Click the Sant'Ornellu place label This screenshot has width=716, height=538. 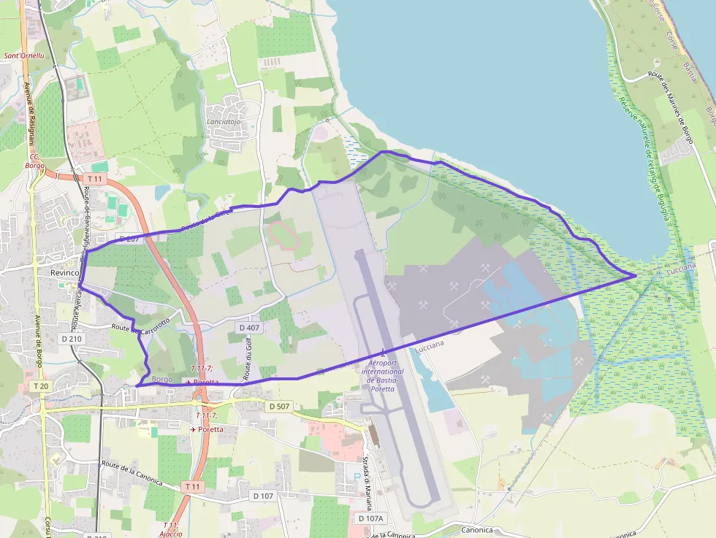pyautogui.click(x=24, y=55)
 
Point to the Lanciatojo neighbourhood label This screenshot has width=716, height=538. pyautogui.click(x=224, y=123)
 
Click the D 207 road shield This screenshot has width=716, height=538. pyautogui.click(x=128, y=239)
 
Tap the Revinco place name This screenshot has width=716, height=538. pyautogui.click(x=64, y=272)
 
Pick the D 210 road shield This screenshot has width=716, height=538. pyautogui.click(x=72, y=339)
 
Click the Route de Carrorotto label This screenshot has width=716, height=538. pyautogui.click(x=140, y=326)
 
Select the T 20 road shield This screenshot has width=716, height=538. pyautogui.click(x=40, y=385)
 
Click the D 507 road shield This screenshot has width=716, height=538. pyautogui.click(x=280, y=406)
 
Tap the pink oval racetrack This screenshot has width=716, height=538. pyautogui.click(x=281, y=234)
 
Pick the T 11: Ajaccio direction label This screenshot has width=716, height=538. pyautogui.click(x=171, y=529)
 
